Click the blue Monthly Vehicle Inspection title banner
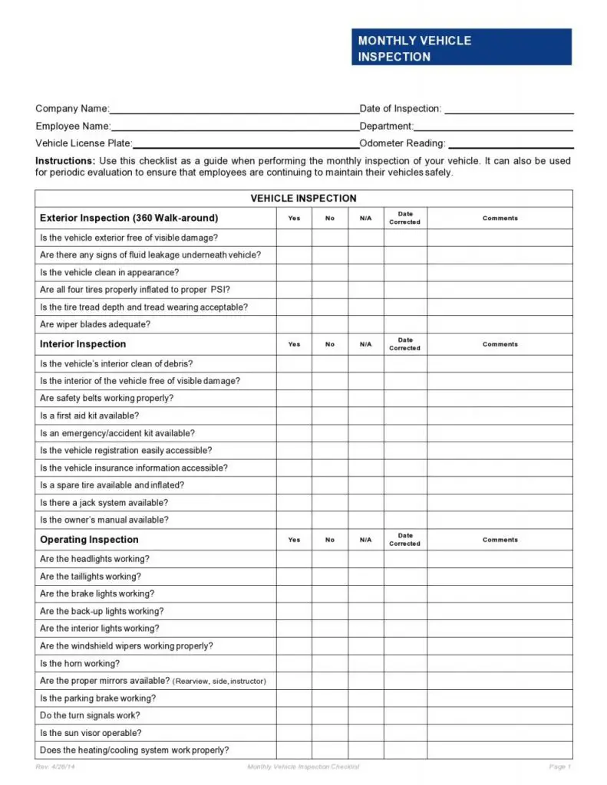[x=461, y=48]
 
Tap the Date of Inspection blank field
[x=509, y=110]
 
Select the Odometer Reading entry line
[x=511, y=144]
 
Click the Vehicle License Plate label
[x=84, y=143]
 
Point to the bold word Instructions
[x=65, y=161]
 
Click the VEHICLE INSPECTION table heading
[x=303, y=199]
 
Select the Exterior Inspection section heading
[x=129, y=218]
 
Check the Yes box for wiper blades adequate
[x=294, y=324]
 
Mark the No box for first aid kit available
[x=330, y=415]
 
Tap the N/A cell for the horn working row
[x=366, y=664]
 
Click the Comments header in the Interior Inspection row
[x=500, y=344]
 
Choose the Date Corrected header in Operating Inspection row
[x=404, y=540]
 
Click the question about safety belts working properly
[x=107, y=398]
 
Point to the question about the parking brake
[x=97, y=698]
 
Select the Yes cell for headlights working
[x=294, y=559]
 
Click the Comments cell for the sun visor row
[x=500, y=733]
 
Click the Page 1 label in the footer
[x=559, y=767]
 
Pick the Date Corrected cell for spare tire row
[x=404, y=485]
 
